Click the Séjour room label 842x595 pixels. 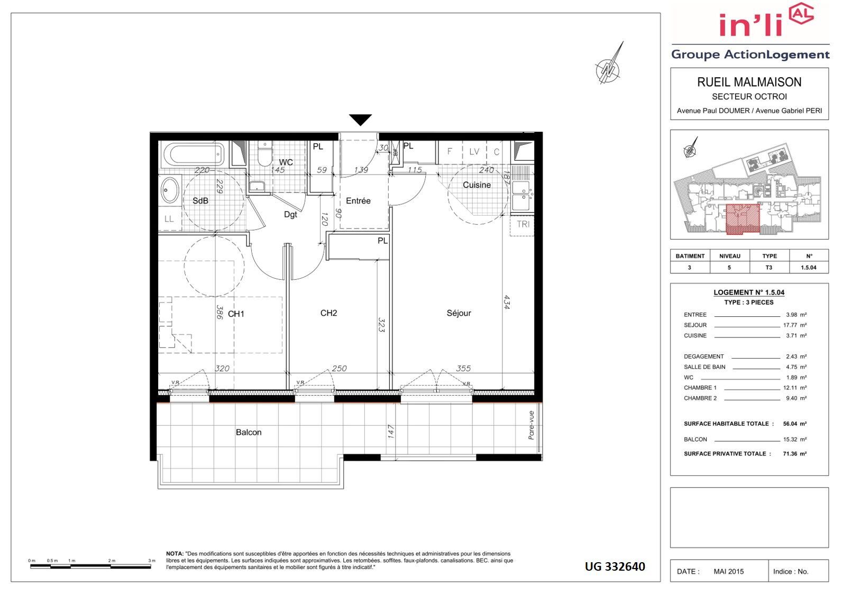pyautogui.click(x=459, y=313)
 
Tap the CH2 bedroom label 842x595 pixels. pyautogui.click(x=328, y=313)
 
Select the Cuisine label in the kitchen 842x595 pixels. pyautogui.click(x=477, y=185)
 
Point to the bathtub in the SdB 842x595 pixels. pyautogui.click(x=194, y=154)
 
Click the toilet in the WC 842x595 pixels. pyautogui.click(x=265, y=154)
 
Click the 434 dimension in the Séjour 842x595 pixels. pyautogui.click(x=507, y=302)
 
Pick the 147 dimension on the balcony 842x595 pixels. pyautogui.click(x=391, y=432)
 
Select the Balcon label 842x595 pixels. pyautogui.click(x=249, y=432)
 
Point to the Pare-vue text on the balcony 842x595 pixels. pyautogui.click(x=531, y=425)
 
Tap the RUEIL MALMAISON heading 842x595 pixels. pyautogui.click(x=749, y=82)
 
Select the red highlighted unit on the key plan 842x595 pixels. pyautogui.click(x=743, y=219)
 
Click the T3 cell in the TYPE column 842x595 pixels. pyautogui.click(x=769, y=268)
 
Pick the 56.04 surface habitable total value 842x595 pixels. pyautogui.click(x=790, y=424)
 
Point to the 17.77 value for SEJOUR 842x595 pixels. pyautogui.click(x=790, y=325)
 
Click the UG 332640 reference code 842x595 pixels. pyautogui.click(x=615, y=566)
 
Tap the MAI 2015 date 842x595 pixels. pyautogui.click(x=728, y=572)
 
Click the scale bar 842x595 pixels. pyautogui.click(x=90, y=566)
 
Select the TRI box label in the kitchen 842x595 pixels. pyautogui.click(x=523, y=224)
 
